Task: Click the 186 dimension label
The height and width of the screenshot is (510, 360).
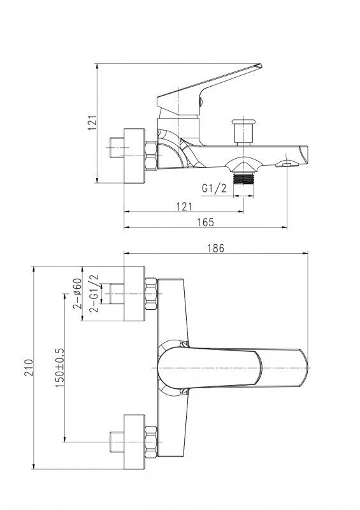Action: point(215,248)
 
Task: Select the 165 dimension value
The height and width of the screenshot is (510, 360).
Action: point(206,222)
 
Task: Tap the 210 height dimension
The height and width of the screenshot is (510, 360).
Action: point(29,368)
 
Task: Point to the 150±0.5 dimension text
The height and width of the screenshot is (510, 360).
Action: point(59,368)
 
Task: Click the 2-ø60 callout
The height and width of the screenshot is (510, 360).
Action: point(77,293)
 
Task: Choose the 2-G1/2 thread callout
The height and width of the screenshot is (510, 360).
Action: point(94,293)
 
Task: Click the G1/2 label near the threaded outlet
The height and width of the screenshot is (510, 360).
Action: point(214,188)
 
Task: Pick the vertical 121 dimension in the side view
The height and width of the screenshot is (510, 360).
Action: point(92,122)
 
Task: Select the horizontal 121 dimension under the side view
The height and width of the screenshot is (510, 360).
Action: point(184,207)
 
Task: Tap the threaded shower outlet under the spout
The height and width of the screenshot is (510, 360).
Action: point(243,178)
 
